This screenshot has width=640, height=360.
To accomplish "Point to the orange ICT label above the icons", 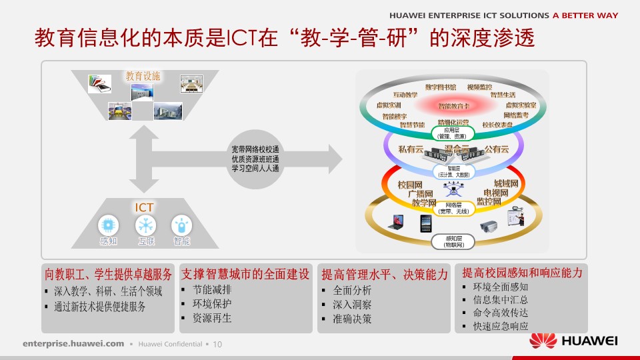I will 145,207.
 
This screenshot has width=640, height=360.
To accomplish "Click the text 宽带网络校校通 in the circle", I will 255,149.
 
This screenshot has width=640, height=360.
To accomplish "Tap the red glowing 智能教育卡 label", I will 454,105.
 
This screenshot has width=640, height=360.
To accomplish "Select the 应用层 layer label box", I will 453,133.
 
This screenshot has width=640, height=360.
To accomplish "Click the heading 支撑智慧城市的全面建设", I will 245,273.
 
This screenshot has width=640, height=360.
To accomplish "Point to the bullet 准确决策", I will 353,319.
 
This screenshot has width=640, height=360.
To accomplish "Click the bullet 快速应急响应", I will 500,326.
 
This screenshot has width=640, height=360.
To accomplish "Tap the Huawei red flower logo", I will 543,341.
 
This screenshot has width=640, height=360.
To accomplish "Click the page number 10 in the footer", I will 217,344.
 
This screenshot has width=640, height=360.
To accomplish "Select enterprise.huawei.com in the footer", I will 73,344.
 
